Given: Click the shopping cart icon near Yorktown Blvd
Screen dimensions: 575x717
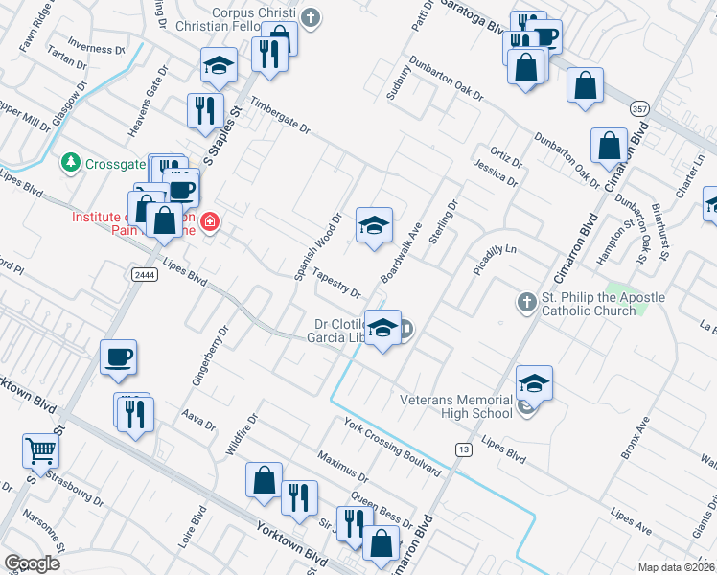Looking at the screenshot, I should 41,450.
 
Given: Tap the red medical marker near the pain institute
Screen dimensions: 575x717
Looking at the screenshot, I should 210,225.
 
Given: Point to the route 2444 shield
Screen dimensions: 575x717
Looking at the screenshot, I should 142,274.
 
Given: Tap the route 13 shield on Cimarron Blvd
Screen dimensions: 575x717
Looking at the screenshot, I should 464,448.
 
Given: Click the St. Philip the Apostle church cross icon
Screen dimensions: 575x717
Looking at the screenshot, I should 526,303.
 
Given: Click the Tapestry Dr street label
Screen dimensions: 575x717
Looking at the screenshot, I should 336,284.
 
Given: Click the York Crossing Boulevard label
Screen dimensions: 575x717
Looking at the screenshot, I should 392,447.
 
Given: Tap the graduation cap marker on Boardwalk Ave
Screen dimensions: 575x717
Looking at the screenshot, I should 374,225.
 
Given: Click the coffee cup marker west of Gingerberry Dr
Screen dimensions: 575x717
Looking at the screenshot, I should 119,357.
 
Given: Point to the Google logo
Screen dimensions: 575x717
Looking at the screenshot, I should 32,563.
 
